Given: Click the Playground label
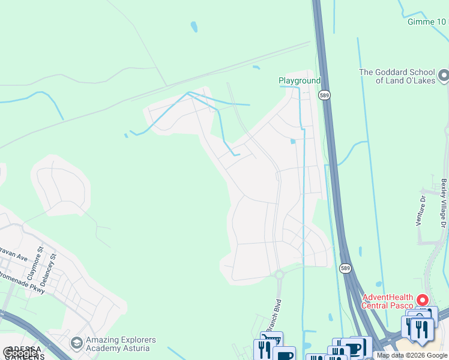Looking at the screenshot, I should point(300,81).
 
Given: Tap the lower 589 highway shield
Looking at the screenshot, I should point(345,268).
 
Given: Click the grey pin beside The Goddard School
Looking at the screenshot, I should point(444,76).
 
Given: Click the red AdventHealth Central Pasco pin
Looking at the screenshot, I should point(423,299).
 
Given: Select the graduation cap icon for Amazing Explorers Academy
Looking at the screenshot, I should point(76,343).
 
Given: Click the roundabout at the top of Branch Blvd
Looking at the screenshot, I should point(279,275).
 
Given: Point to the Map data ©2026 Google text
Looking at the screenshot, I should point(412,355).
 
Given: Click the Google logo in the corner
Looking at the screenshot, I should point(20,353).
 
